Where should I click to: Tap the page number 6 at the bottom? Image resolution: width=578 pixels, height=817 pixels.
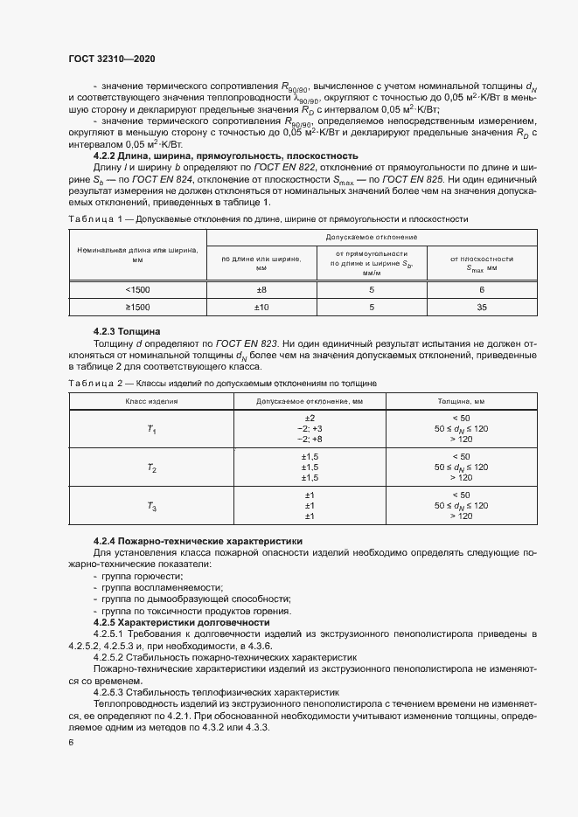[71, 743]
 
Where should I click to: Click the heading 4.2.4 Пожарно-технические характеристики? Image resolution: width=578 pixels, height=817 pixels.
[197, 542]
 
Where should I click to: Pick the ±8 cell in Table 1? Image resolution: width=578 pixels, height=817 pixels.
[261, 289]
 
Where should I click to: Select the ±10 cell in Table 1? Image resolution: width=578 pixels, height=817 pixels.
[261, 308]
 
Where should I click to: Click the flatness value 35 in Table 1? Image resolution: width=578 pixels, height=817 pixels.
[481, 308]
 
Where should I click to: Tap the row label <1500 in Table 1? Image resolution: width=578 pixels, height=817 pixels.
[137, 289]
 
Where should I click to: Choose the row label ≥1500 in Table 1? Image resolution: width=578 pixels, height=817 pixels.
[137, 308]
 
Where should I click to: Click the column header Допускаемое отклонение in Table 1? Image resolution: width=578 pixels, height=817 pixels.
[371, 237]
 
